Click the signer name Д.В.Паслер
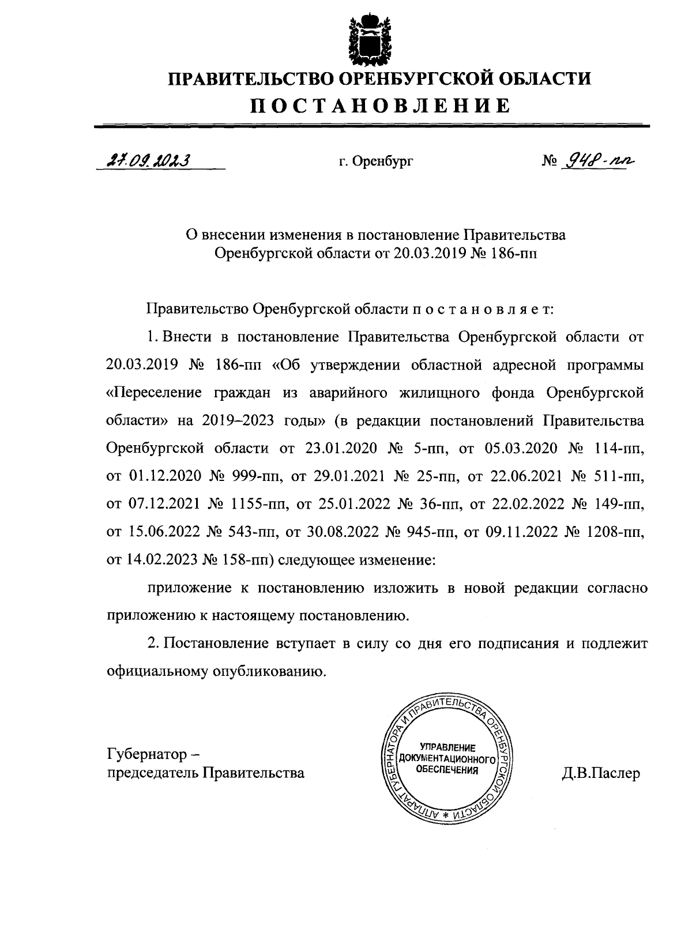601,773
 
